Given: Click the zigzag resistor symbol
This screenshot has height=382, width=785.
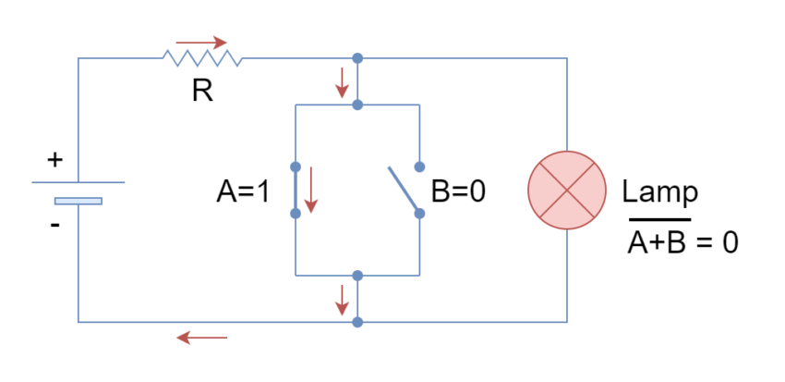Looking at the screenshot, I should coord(202,58).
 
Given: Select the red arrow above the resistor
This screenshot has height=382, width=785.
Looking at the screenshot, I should coord(201,43).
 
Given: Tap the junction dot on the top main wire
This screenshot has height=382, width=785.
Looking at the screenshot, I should coord(357,58).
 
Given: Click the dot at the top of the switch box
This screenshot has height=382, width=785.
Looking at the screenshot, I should coord(357,105).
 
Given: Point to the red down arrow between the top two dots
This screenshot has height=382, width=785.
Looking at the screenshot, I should coord(342,82).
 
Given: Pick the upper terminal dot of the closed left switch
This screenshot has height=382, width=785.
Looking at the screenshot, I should coord(296,167).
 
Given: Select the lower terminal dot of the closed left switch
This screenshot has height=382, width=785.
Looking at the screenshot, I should coord(296,213).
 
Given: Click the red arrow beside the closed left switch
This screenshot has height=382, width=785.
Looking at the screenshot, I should coord(311,190).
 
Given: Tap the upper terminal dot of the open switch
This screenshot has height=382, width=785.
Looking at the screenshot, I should coord(419,167).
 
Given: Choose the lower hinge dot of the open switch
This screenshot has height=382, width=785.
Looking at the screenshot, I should coord(419,213).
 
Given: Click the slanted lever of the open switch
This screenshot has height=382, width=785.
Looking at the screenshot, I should coord(403,189).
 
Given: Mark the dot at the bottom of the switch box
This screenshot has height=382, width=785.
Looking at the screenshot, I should coord(357,276).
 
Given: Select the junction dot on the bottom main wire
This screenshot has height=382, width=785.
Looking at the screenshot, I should coord(357,322).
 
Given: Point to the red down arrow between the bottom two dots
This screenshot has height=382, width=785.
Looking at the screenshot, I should coord(342,300).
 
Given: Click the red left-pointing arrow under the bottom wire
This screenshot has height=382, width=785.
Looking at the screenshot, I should coord(201,338).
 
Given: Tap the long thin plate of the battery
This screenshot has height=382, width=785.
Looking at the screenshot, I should coord(78,182).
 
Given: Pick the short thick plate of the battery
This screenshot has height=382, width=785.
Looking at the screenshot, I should coord(78,201).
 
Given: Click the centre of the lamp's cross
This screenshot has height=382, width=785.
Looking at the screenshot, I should coord(567,190).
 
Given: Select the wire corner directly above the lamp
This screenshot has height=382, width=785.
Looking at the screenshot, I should coord(567,58).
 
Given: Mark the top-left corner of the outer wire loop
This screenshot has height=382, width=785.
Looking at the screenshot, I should coord(78,58).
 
